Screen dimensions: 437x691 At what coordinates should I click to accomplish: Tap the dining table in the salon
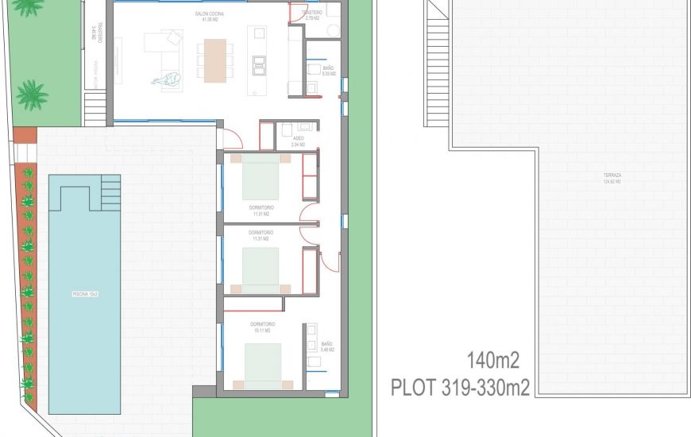(215, 61)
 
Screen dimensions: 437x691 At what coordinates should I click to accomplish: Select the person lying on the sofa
(168, 78)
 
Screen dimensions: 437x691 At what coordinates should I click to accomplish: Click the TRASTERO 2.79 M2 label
(312, 15)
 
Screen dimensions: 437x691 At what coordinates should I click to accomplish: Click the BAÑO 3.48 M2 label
(327, 346)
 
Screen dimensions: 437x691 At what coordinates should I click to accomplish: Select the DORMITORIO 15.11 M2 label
(262, 327)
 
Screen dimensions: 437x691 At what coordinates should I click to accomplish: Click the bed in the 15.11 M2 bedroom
(261, 366)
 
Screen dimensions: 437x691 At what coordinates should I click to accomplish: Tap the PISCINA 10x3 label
(85, 294)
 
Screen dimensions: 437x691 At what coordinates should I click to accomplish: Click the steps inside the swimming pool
(110, 192)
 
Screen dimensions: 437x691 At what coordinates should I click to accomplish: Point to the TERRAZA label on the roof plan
(612, 176)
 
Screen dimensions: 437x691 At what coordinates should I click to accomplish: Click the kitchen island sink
(259, 62)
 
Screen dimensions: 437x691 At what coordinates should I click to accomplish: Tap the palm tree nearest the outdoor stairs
(32, 94)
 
